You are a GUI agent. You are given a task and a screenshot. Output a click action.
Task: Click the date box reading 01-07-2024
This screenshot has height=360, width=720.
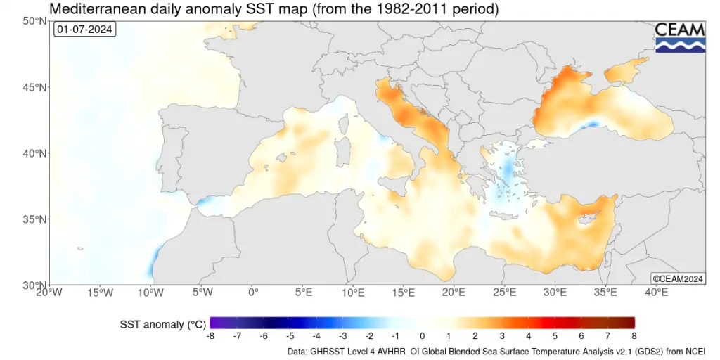pyautogui.click(x=84, y=30)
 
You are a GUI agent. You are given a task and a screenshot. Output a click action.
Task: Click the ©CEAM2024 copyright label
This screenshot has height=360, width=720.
pyautogui.click(x=678, y=278)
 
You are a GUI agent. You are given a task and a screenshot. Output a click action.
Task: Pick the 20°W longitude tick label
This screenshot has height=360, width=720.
pyautogui.click(x=50, y=292)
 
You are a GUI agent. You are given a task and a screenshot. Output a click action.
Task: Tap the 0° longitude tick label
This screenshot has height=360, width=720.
pyautogui.click(x=252, y=292)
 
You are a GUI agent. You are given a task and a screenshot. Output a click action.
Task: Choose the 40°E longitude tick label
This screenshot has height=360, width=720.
pyautogui.click(x=656, y=292)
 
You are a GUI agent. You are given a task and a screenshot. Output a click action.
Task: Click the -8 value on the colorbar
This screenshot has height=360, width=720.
pyautogui.click(x=210, y=336)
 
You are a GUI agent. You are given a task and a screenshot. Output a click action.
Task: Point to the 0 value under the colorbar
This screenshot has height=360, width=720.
pyautogui.click(x=423, y=336)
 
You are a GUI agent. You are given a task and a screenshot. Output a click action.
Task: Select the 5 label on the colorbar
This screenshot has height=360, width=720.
pyautogui.click(x=555, y=336)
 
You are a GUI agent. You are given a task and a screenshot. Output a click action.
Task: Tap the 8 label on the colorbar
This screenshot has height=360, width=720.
pyautogui.click(x=635, y=336)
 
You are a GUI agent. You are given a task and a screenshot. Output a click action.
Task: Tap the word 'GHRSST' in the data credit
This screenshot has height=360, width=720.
pyautogui.click(x=324, y=352)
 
